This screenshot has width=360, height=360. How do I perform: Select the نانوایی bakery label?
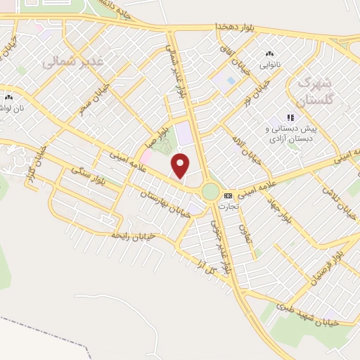click(x=269, y=65)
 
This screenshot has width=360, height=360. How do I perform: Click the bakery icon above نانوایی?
click(x=269, y=54)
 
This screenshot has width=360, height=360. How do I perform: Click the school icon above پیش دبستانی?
click(x=288, y=118)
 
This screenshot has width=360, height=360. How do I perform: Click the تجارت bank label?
click(x=229, y=207)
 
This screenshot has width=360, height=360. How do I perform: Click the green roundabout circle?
click(x=210, y=191)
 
